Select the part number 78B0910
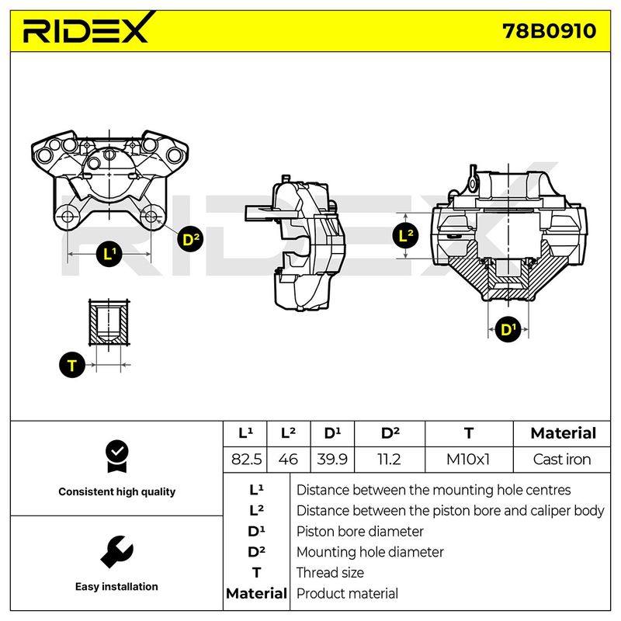[549, 31]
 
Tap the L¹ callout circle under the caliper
[109, 254]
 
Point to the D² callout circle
[190, 239]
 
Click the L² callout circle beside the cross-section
[405, 236]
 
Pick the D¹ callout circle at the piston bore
[508, 329]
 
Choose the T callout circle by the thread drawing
[72, 365]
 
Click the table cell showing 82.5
[245, 460]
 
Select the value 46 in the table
[288, 460]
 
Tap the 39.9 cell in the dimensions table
[332, 460]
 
